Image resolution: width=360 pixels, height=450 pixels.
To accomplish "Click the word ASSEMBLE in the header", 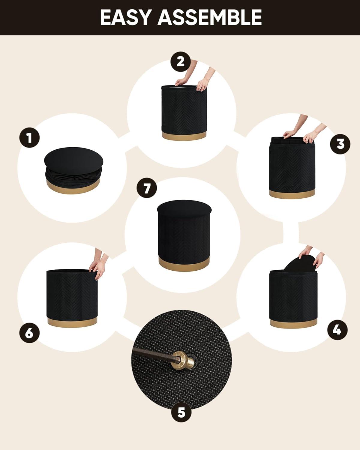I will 210,17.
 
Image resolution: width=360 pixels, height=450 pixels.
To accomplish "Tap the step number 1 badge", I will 29,138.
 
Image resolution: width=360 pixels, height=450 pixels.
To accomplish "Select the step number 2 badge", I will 180,61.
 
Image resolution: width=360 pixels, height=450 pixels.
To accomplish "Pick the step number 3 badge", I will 340,144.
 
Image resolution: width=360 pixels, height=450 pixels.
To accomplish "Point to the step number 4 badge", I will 337,330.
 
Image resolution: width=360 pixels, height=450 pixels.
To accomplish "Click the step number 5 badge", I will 181,412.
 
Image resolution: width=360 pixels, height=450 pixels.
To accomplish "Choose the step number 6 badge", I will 29,333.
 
